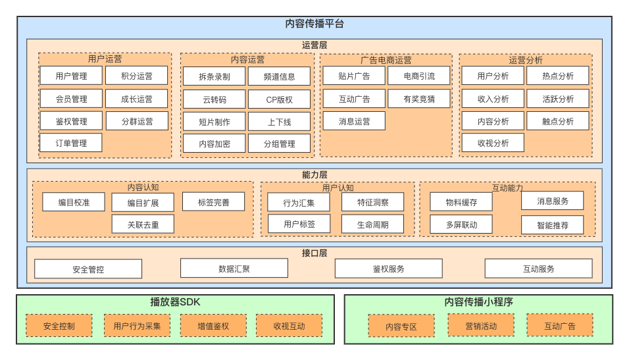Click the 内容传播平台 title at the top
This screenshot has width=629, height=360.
[x=314, y=24]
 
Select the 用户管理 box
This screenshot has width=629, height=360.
[x=71, y=76]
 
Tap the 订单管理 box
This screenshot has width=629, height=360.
[x=71, y=143]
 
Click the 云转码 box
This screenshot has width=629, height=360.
[x=214, y=99]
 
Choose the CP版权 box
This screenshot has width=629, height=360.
[x=279, y=99]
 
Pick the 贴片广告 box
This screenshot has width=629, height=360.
[x=354, y=76]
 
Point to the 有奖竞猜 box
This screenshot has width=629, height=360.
[x=419, y=99]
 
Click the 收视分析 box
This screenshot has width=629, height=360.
[x=493, y=143]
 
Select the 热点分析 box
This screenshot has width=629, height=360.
[x=558, y=76]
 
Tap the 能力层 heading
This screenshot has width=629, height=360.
[x=314, y=174]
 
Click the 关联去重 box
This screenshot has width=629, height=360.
[x=143, y=224]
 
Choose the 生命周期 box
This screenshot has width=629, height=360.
[x=372, y=224]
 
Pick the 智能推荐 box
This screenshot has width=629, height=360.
[x=552, y=225]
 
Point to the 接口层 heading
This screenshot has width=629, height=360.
[x=314, y=253]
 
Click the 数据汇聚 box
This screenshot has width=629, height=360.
[x=234, y=268]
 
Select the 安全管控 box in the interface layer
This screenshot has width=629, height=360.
[x=88, y=269]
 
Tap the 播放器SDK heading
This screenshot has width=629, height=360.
[x=175, y=302]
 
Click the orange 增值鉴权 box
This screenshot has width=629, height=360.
[x=213, y=326]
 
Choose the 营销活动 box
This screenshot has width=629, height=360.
[x=481, y=325]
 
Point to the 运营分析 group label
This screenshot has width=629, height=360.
[x=526, y=60]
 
